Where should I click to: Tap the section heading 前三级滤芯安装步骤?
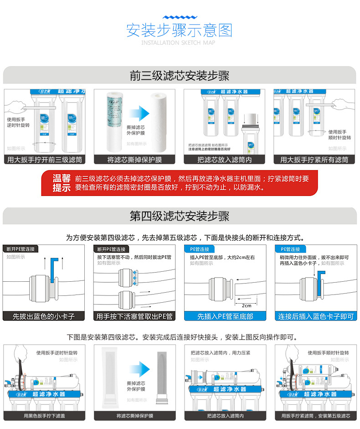tap(180, 76)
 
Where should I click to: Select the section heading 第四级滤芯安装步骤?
tap(180, 216)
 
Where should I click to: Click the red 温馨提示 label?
tap(62, 183)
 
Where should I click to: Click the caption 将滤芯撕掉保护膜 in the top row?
tap(134, 160)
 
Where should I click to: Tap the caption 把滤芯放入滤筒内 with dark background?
tap(224, 160)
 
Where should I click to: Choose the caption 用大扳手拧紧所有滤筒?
tap(314, 160)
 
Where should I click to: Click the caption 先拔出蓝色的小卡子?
tap(44, 316)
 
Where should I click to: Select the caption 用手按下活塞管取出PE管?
tap(134, 316)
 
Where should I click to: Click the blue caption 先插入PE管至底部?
tap(225, 316)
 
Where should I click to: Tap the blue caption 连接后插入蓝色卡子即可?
tap(315, 316)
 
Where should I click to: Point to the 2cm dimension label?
tap(247, 305)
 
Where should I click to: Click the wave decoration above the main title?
tap(180, 16)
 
